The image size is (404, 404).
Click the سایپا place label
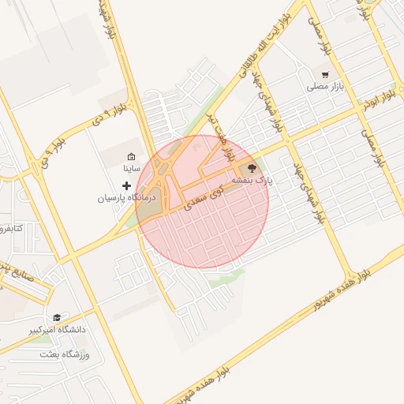pos(131,169)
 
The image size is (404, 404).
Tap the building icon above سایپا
pos(131,157)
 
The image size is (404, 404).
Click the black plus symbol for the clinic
pos(126,185)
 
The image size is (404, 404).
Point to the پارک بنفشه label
pos(252,181)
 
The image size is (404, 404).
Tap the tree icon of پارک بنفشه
pos(252,168)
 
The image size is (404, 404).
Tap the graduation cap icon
pos(56,316)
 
